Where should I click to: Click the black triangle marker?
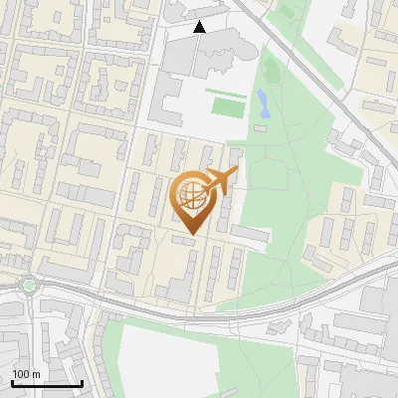pos(200,27)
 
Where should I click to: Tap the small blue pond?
pos(262,101)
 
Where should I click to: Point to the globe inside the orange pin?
pos(189,195)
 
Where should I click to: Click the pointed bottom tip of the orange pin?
pos(189,233)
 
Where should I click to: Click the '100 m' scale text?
pos(26,374)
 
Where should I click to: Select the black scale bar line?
pos(47,383)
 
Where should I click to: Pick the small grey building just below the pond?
pos(261,127)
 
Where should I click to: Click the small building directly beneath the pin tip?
pos(184,240)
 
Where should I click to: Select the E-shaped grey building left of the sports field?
pos(171,104)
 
